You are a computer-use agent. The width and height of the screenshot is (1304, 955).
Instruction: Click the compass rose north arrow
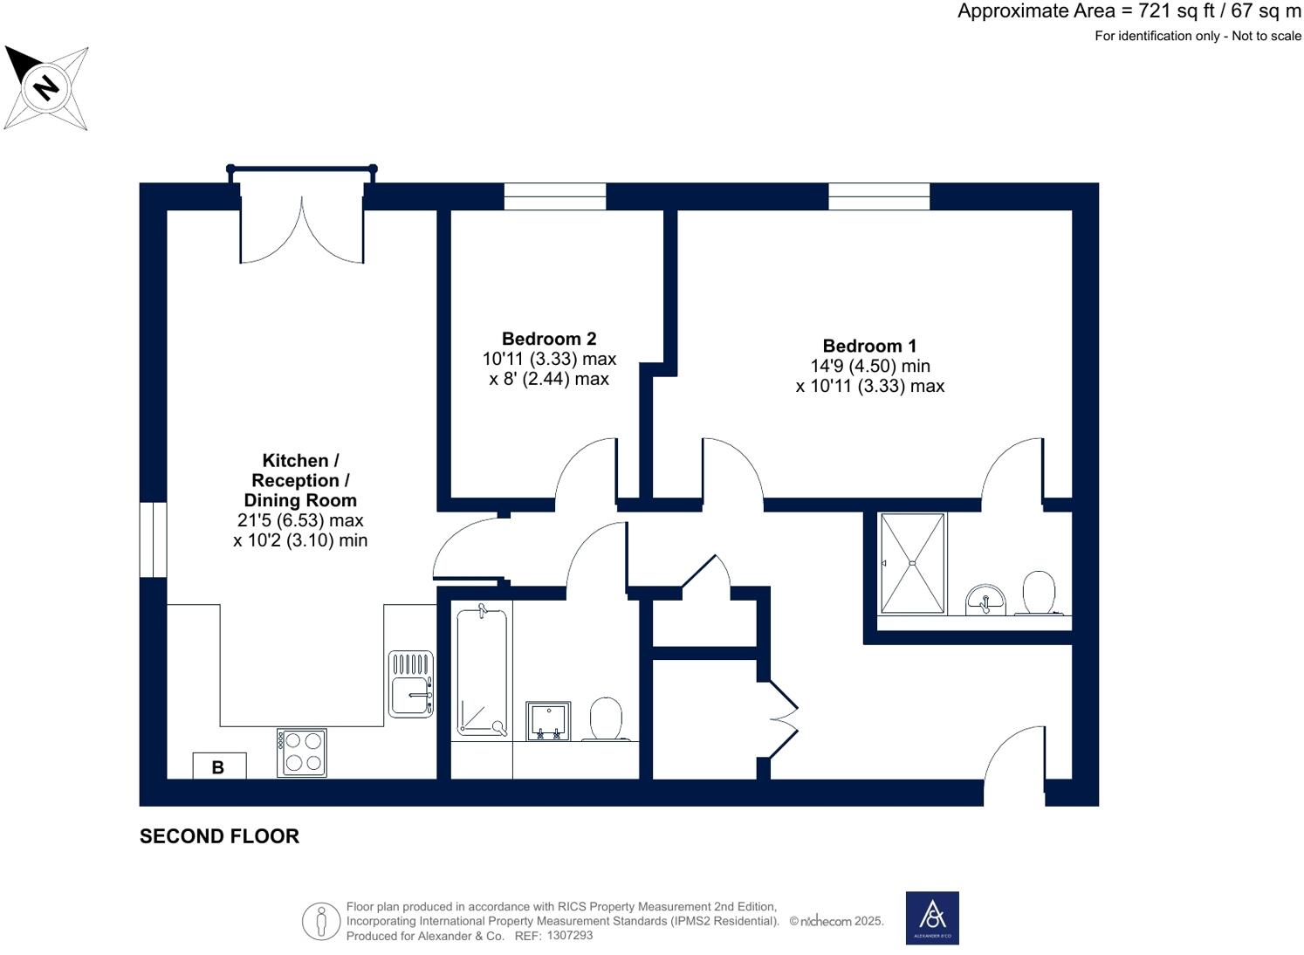point(45,87)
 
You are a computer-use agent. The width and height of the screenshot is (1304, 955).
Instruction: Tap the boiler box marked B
point(218,766)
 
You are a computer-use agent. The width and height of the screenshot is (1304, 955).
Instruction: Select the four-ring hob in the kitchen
point(302,752)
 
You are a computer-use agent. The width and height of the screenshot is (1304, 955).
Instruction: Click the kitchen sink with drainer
point(410,685)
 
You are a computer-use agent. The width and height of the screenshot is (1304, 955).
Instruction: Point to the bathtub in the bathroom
point(481,672)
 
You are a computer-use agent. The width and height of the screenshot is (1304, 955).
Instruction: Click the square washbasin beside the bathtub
point(548,720)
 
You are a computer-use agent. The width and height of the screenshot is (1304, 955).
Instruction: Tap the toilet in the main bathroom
point(605,718)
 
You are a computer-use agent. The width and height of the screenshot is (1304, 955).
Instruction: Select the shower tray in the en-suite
point(912,564)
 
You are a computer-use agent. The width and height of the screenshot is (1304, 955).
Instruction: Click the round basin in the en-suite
point(985,601)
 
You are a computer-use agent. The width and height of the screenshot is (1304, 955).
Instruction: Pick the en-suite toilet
point(1038,593)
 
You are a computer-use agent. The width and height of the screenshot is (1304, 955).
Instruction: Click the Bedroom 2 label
point(549,339)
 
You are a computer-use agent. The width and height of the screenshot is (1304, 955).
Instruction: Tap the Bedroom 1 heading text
point(869,346)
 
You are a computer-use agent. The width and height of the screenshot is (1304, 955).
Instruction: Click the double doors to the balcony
point(302,230)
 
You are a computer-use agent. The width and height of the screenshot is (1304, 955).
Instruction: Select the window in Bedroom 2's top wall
point(555,196)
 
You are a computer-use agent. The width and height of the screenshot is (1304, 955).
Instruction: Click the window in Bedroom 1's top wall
point(879,196)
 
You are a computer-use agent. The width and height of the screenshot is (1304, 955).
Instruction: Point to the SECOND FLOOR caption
point(219,836)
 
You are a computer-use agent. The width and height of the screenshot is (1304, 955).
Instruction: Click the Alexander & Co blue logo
point(932,917)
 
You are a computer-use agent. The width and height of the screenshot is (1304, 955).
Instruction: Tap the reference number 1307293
point(569,936)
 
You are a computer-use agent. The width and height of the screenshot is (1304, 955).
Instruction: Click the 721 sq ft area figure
point(1170,11)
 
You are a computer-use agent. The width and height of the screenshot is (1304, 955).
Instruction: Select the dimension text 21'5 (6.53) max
point(300,520)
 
